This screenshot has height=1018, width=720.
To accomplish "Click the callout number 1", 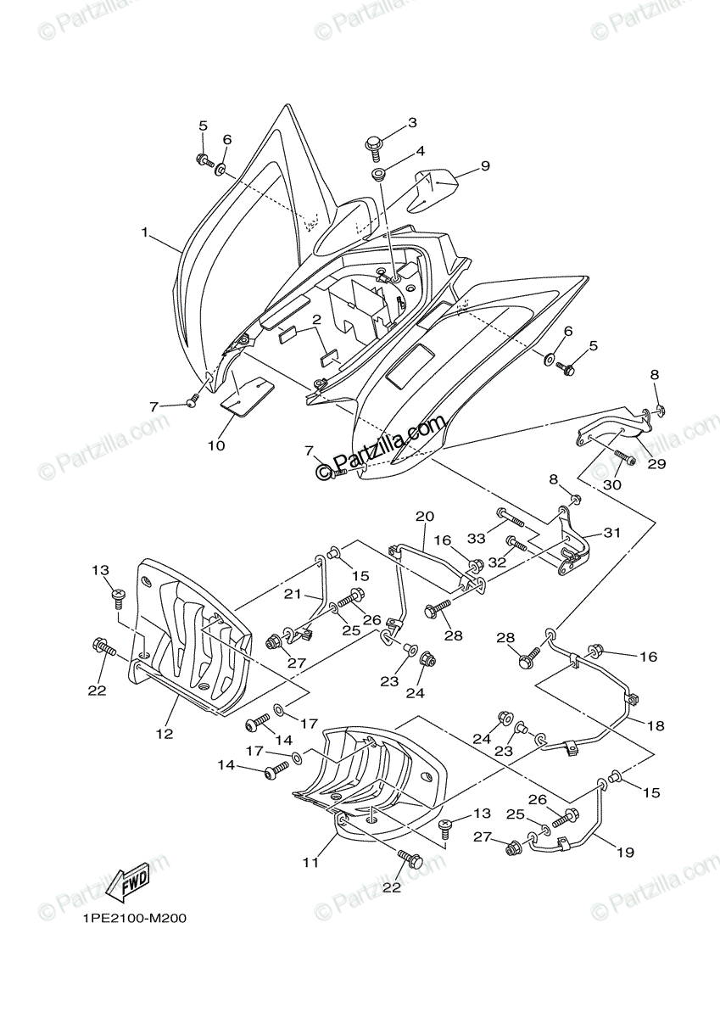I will pos(145,232).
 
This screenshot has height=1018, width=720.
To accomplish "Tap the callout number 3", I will pos(412,123).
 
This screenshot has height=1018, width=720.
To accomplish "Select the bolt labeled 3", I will pos(374,146).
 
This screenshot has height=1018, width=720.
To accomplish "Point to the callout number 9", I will pos(485,166).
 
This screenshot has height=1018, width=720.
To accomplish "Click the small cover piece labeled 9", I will pos(434,187).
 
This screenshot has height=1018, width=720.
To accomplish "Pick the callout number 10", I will pos(215,445).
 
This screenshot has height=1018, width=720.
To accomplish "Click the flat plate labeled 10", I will pos(248,395).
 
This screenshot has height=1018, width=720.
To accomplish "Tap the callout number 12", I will pos(164,733).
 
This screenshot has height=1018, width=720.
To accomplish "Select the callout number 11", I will pos(311,862).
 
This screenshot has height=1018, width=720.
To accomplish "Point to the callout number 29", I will pos(657,464).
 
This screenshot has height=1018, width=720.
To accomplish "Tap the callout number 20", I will pos(424,516).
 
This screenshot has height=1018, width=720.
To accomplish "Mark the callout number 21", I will pos(293,594).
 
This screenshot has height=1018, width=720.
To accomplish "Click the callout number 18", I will pos(656,726).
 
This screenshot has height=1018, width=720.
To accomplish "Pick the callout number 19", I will pos(625,853).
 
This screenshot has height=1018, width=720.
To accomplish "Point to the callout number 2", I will pos(315,320).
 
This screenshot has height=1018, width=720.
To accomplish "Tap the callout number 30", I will pos(611,484).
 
